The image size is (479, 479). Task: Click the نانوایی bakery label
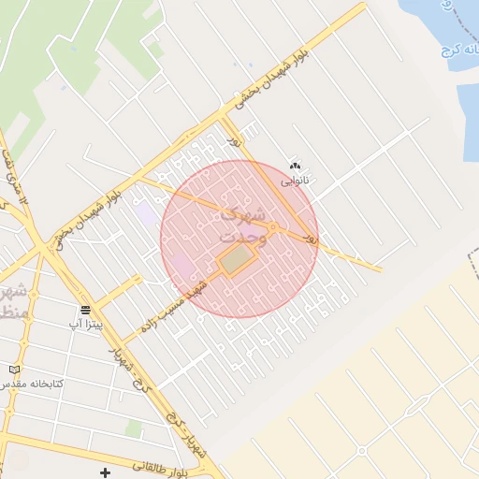pos(294,181)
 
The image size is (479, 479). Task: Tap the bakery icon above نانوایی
pos(296,167)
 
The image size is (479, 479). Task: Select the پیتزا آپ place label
pos(84,324)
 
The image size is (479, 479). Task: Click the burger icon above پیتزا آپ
pos(85,310)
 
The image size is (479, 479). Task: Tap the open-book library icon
pos(14,370)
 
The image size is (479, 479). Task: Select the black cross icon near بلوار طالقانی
pos(105,473)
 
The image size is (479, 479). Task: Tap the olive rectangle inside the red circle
pos(237,259)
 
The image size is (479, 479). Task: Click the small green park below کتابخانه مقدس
pos(135,428)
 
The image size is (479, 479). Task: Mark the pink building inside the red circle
pos(184,266)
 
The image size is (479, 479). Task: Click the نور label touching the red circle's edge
pos(312,240)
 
